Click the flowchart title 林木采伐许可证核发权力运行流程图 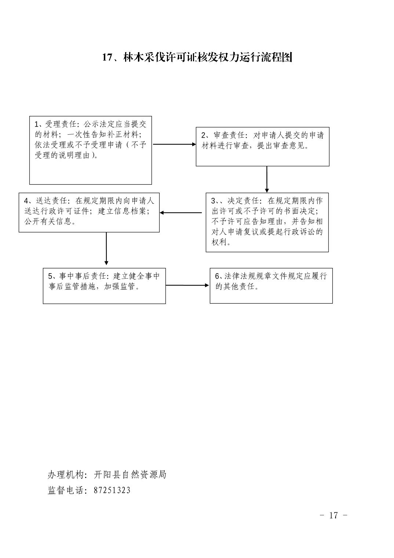tap(208, 57)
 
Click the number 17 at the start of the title tap(108, 57)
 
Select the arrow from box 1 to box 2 tap(174, 144)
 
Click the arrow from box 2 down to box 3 tap(267, 180)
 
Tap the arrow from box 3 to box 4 tap(181, 213)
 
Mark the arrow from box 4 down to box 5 tap(106, 249)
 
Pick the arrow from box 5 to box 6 tap(187, 285)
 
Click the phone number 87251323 tap(112, 490)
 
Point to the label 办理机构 tap(66, 475)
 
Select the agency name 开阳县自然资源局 tap(130, 475)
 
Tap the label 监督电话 tap(66, 490)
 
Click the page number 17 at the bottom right tap(333, 515)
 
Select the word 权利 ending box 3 tap(219, 242)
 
